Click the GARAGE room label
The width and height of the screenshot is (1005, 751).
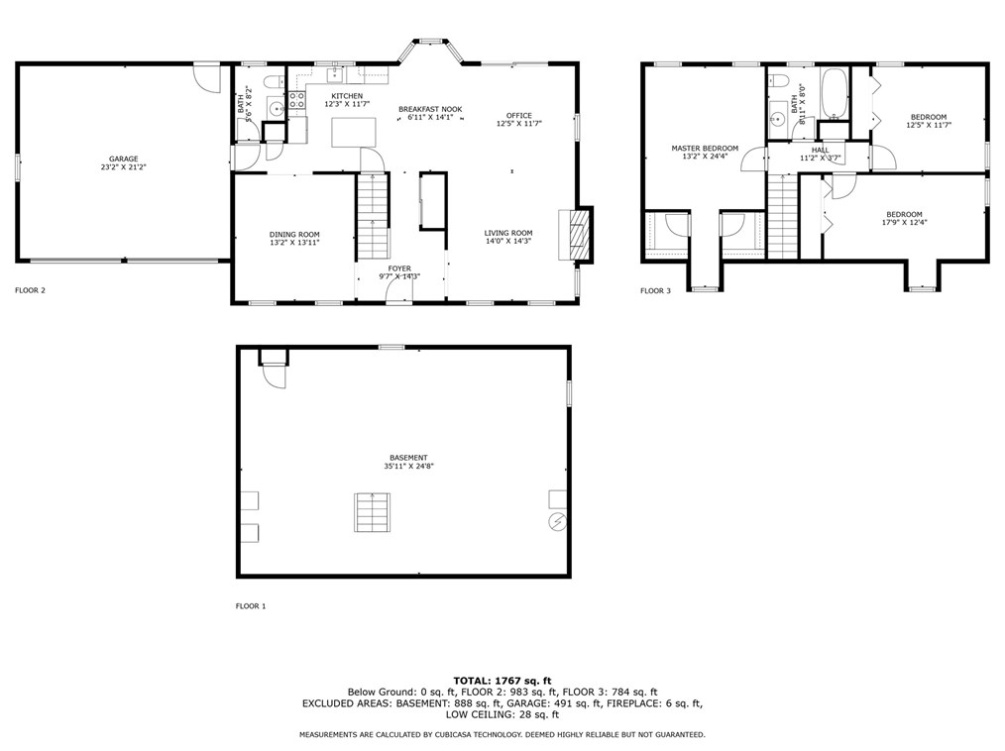[x=123, y=159]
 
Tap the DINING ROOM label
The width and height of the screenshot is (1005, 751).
[x=294, y=234]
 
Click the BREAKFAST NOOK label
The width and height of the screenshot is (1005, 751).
[x=430, y=109]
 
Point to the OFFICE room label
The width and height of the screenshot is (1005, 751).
[x=518, y=115]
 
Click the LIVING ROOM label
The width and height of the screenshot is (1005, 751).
[x=508, y=233]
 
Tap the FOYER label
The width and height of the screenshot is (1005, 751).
[x=399, y=268]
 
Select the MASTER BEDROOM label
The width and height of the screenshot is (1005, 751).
[x=704, y=148]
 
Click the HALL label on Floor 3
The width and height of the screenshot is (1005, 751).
[x=820, y=150]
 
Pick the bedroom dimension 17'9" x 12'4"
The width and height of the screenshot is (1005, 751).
[x=904, y=223]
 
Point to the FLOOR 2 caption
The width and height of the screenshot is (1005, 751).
[x=30, y=290]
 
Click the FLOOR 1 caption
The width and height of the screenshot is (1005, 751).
[x=251, y=605]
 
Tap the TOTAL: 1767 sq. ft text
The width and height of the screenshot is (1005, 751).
[x=502, y=680]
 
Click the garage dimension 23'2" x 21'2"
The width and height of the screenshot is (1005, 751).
[x=123, y=167]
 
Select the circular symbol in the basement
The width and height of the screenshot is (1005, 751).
[x=555, y=520]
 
